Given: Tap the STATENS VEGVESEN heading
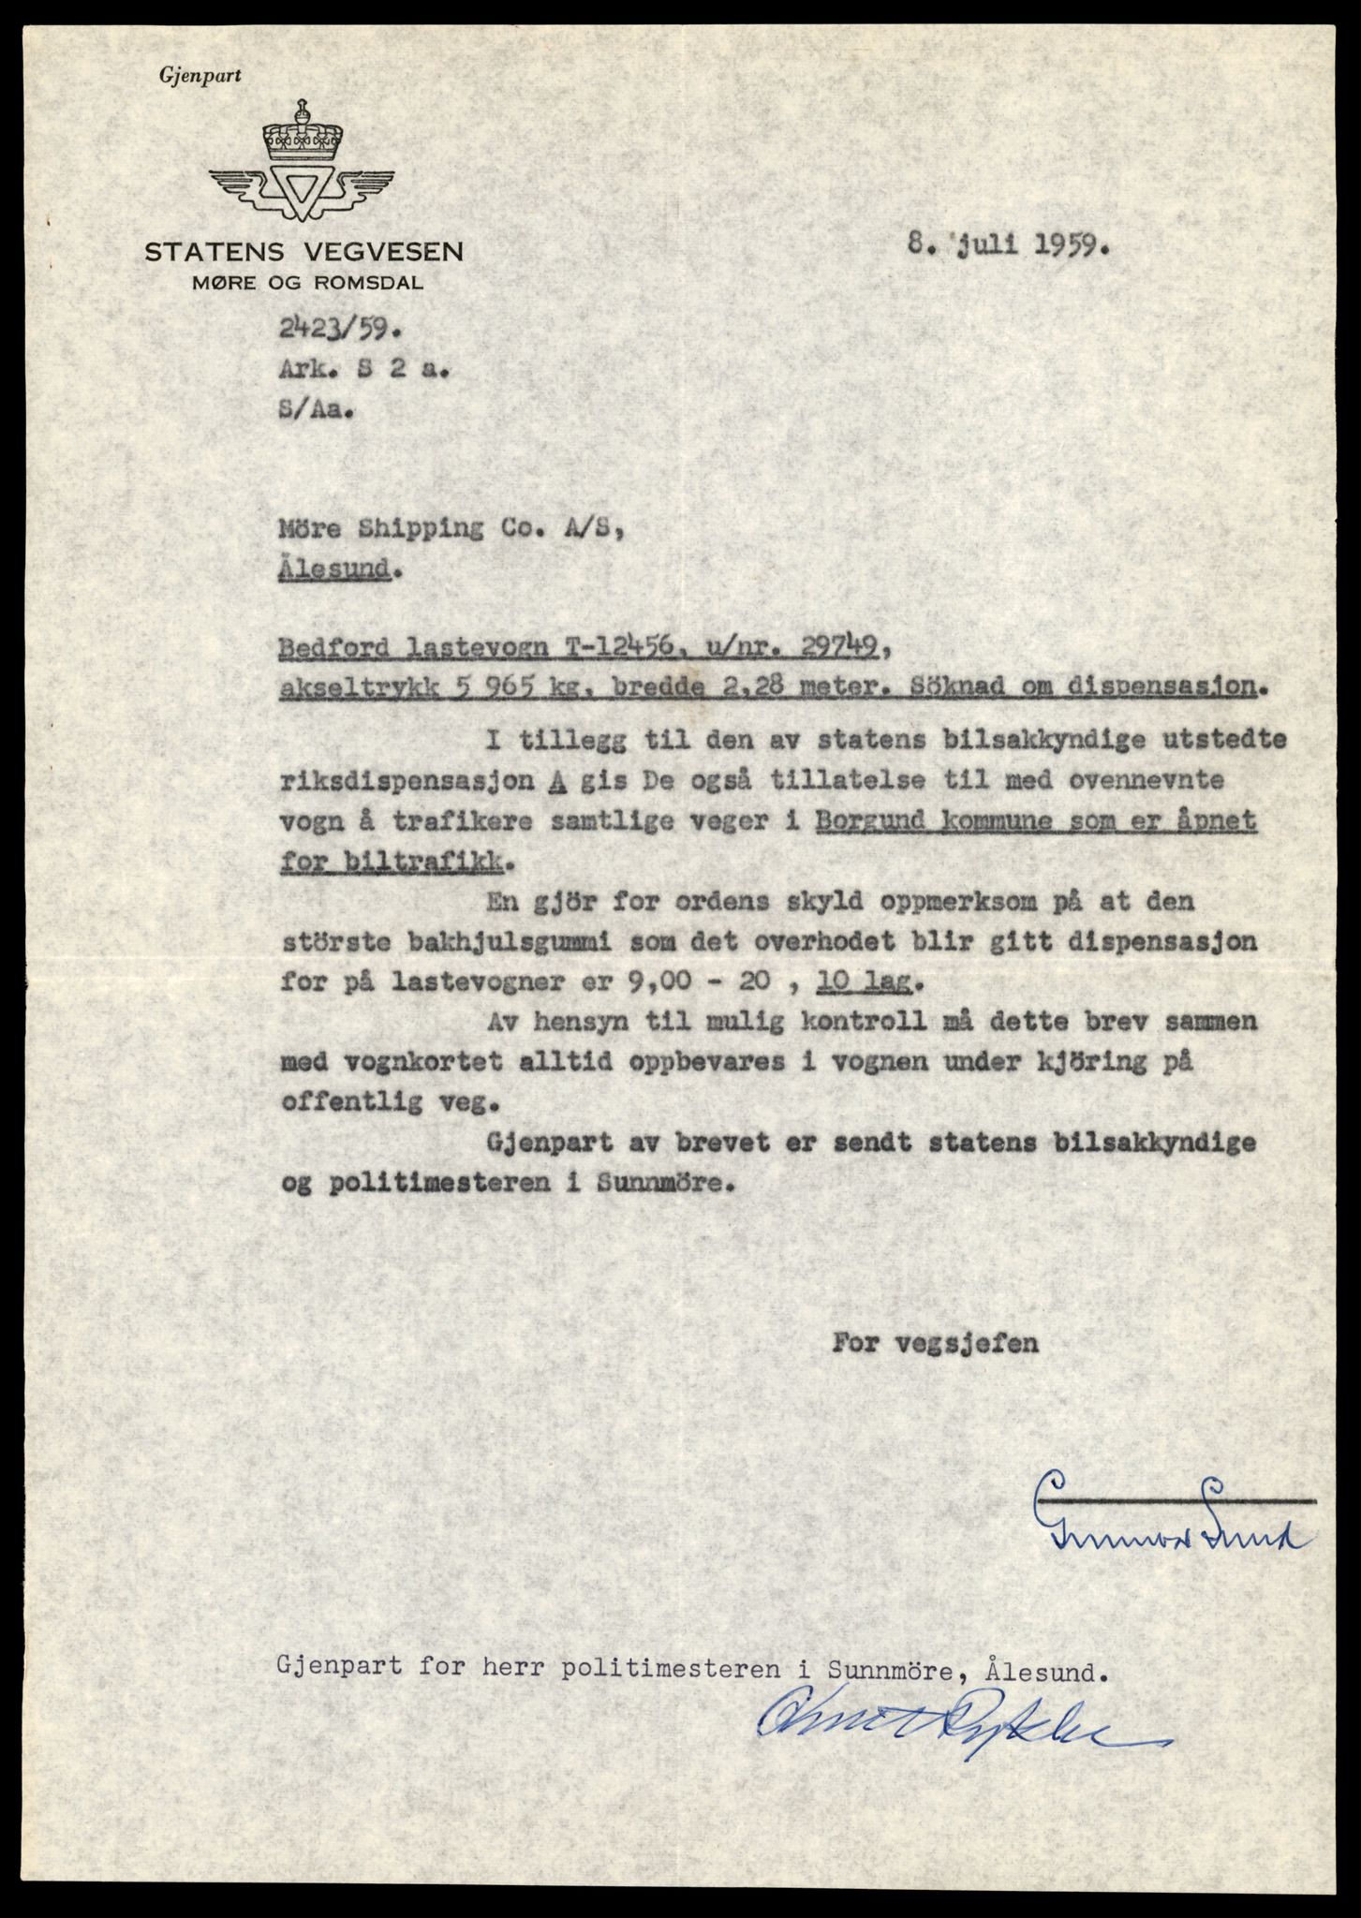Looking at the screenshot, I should pyautogui.click(x=303, y=252).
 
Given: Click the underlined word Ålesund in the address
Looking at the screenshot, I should pyautogui.click(x=333, y=569).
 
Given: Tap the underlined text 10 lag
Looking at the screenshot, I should pyautogui.click(x=868, y=984).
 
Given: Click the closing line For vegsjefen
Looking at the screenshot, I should pyautogui.click(x=934, y=1343).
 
